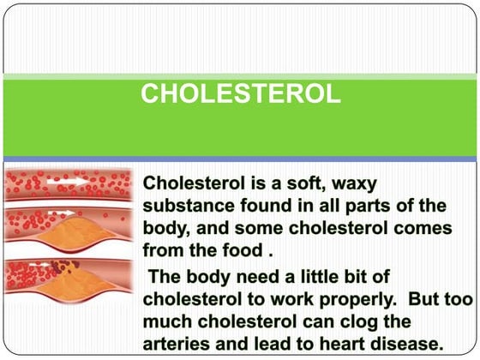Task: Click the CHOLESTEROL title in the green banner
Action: (x=240, y=93)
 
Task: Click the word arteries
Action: (x=177, y=345)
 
